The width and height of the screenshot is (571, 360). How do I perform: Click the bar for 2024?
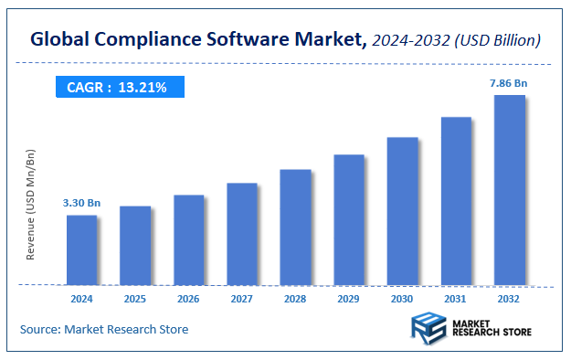[x=82, y=249]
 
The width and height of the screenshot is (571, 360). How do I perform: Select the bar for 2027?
[x=242, y=234]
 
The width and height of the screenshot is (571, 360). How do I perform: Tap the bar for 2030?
[x=402, y=211]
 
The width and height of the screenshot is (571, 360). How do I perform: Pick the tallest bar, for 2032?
[x=509, y=190]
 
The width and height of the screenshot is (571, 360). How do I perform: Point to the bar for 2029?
[x=349, y=219]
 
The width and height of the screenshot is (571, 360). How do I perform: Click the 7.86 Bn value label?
[x=508, y=83]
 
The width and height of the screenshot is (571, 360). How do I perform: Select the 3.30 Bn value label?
[x=81, y=202]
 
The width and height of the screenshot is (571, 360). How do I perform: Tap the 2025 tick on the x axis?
[x=135, y=299]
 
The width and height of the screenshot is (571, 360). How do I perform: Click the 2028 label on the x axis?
[x=295, y=299]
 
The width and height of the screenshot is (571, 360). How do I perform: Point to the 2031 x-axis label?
[x=456, y=299]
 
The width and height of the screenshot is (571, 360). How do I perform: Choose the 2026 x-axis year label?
[x=188, y=299]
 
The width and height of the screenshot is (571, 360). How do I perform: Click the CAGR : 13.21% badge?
[x=118, y=88]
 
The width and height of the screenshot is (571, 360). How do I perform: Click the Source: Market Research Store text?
[x=104, y=329]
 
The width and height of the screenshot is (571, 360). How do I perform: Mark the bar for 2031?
[x=456, y=201]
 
